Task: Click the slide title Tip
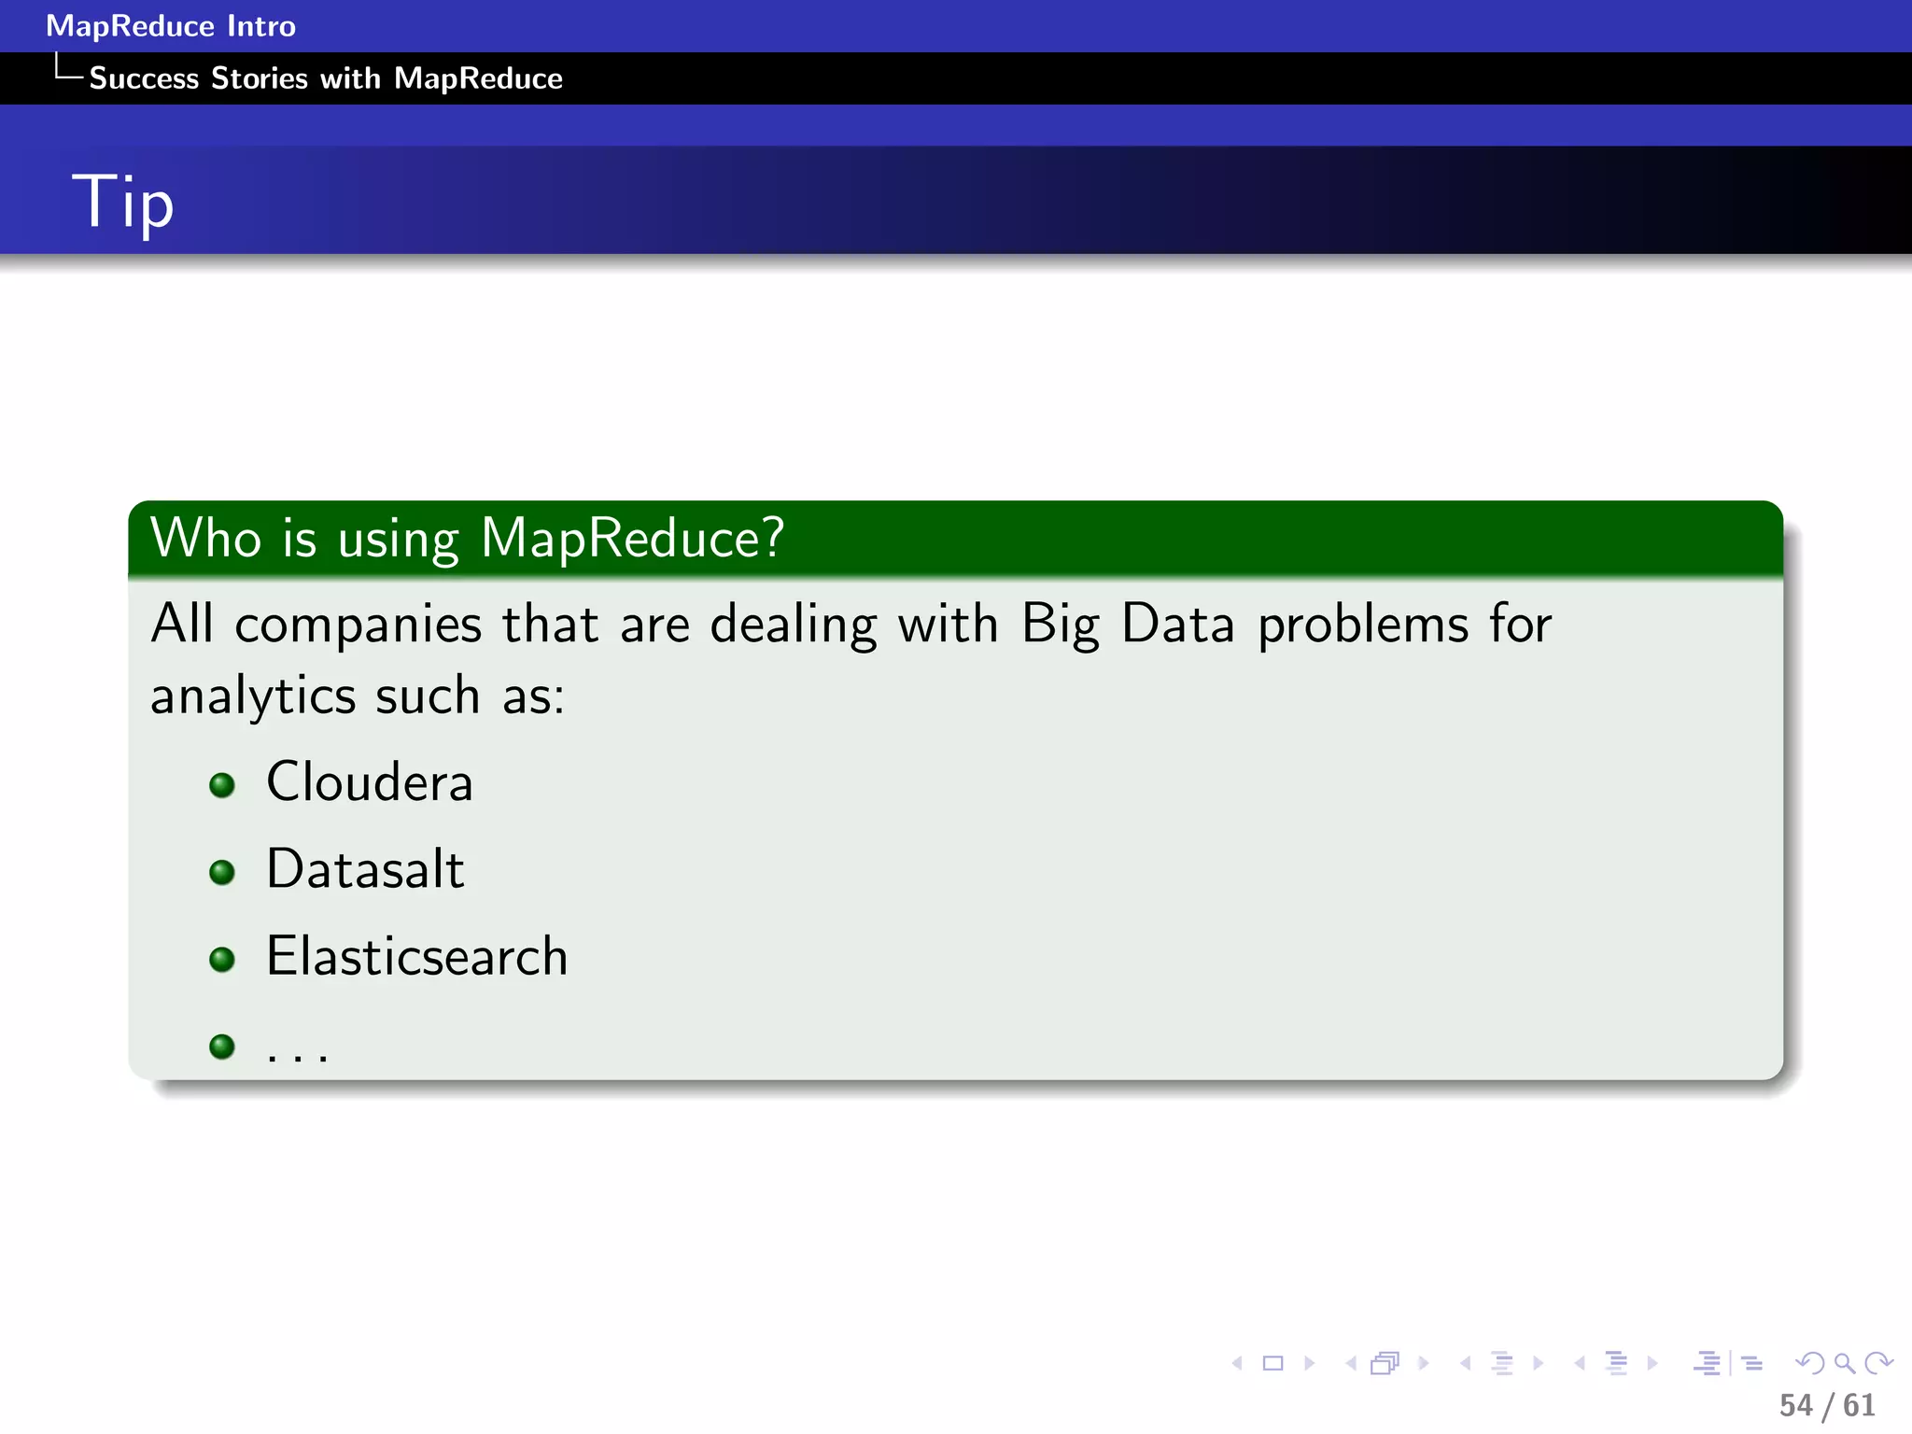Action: pos(123,201)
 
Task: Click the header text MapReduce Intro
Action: pos(171,26)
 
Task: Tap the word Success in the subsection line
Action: pos(144,78)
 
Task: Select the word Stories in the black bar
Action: pos(260,78)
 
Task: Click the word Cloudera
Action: pos(370,782)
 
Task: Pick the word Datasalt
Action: pos(365,869)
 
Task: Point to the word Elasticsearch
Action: pos(417,956)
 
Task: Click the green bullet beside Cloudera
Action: pos(222,785)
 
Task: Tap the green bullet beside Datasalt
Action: pos(222,872)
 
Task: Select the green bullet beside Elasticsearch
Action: pos(222,959)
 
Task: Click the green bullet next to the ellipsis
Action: pos(222,1046)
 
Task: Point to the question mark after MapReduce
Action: pos(772,538)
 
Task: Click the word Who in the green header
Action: pos(206,538)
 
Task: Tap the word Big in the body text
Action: pos(1061,624)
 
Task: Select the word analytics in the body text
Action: pos(253,696)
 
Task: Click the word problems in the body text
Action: pos(1363,624)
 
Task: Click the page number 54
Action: pos(1795,1405)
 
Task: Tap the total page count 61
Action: pos(1859,1405)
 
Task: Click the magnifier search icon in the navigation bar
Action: pos(1844,1364)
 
